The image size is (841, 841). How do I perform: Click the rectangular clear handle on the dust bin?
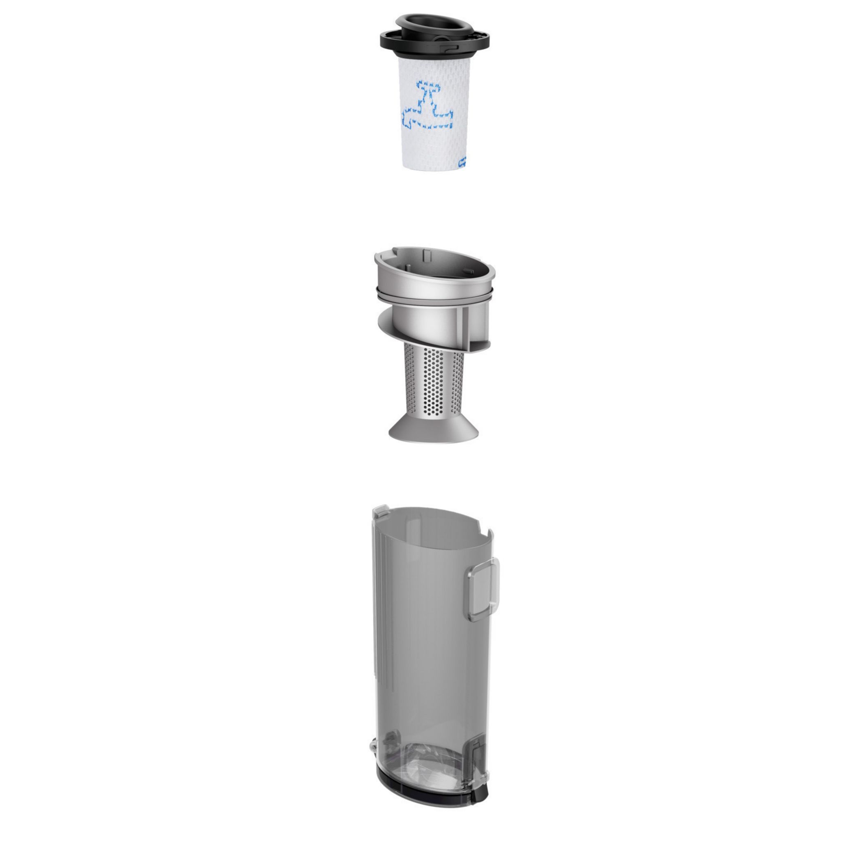click(x=483, y=590)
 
